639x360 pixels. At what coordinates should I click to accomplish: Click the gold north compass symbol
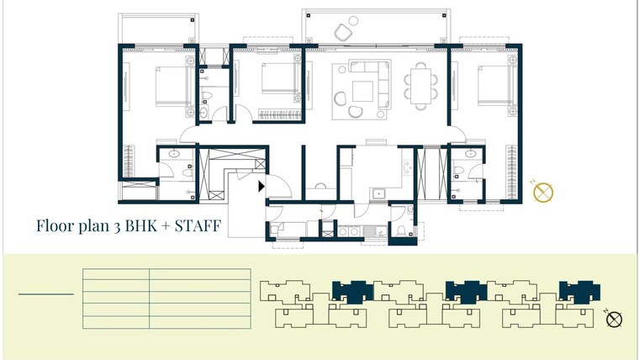(x=544, y=192)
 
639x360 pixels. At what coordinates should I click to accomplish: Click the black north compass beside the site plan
(x=615, y=319)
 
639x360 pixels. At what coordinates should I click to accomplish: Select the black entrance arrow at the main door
(x=262, y=187)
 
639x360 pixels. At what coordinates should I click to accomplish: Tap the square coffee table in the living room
(x=363, y=90)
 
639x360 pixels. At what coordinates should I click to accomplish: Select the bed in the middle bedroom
(x=278, y=81)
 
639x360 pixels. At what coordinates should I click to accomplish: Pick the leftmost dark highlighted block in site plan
(x=352, y=291)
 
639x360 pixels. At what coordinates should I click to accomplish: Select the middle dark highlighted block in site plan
(x=466, y=291)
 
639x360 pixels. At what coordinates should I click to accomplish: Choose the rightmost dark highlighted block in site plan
(x=579, y=291)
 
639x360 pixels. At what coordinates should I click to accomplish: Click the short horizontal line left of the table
(x=46, y=294)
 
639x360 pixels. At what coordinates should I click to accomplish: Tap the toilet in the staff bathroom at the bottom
(x=404, y=229)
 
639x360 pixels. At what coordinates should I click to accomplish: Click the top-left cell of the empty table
(x=116, y=274)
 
